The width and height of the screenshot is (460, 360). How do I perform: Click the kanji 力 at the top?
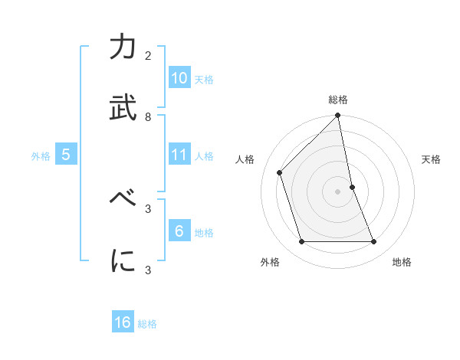123,49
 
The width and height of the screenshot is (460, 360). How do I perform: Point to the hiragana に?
123,261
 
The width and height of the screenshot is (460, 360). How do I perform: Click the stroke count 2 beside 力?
148,56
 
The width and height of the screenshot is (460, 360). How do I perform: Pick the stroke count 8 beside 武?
148,117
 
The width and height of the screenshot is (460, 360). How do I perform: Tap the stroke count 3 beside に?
148,269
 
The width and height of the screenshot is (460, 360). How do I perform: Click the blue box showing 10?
179,78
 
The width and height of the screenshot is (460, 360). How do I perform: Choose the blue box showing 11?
179,155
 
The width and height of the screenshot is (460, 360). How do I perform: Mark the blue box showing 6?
179,231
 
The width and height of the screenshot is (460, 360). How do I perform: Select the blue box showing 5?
66,155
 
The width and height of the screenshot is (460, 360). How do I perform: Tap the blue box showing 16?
123,322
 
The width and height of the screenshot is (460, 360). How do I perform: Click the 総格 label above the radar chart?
338,100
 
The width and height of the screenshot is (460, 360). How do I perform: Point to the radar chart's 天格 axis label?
432,159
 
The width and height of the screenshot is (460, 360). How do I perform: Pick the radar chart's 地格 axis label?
402,262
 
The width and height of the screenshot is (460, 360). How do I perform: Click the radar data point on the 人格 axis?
280,172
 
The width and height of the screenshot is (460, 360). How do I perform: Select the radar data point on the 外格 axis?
302,242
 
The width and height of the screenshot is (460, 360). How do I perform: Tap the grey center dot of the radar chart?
338,191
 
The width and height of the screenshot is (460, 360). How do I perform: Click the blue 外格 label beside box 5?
41,156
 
